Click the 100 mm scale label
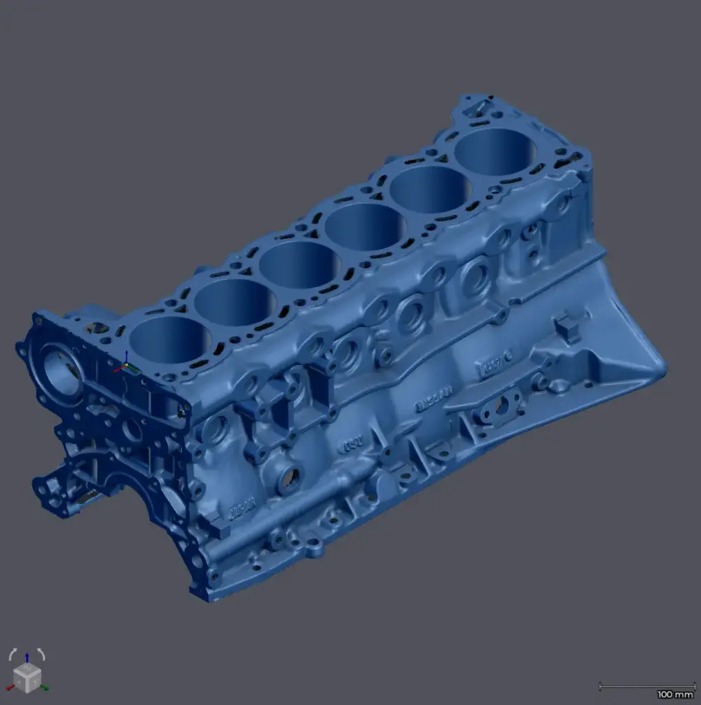[674, 694]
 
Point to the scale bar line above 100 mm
[646, 686]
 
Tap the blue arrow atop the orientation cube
[26, 657]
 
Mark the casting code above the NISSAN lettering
[498, 364]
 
